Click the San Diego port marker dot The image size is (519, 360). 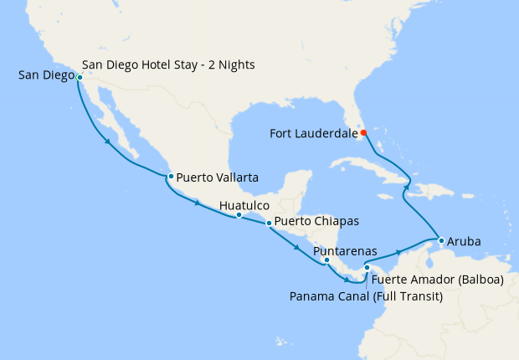pos(80,77)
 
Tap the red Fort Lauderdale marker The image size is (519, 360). pos(364,132)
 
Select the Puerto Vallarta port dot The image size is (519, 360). pos(170,177)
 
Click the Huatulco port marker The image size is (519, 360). pos(239,215)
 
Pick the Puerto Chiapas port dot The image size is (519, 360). pos(269,224)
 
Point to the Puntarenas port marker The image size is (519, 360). pos(326,260)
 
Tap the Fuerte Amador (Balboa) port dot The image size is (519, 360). pos(367,268)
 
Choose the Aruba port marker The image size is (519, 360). pos(441,241)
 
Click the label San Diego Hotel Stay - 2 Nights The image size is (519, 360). pos(169,64)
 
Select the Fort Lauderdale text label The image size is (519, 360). pos(313,132)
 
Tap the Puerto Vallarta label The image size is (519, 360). pos(217,177)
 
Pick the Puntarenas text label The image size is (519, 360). pos(344,250)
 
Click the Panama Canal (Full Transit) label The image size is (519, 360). pos(366,296)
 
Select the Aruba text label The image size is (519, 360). pos(465,241)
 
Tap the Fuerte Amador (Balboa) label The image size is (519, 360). pos(437,280)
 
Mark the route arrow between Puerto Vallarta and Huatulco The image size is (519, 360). pos(198,204)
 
